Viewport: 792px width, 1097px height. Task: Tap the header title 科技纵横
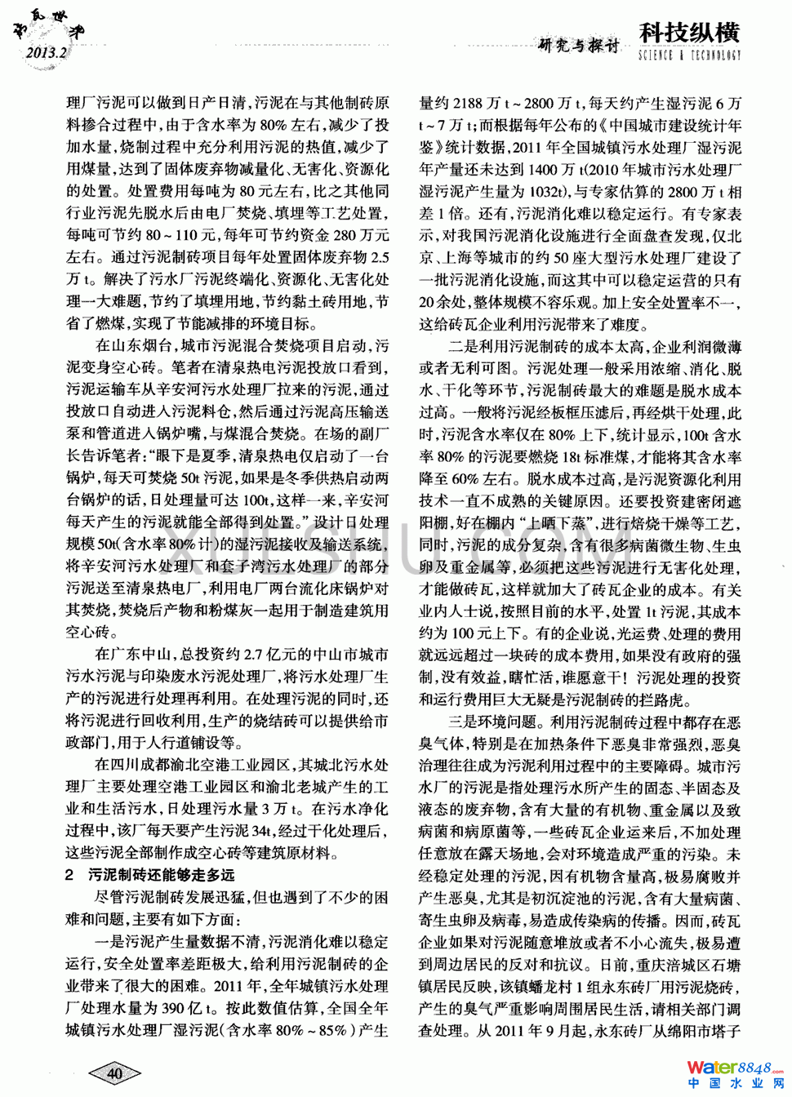pyautogui.click(x=689, y=33)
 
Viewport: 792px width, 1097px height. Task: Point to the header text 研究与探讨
pyautogui.click(x=579, y=46)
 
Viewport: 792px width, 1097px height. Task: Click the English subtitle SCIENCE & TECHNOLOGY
pyautogui.click(x=689, y=56)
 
